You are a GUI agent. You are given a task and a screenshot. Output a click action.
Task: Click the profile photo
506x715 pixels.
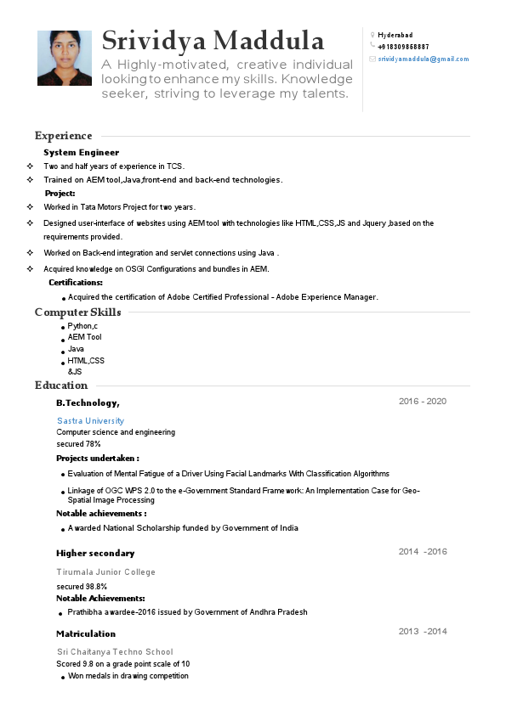tap(65, 58)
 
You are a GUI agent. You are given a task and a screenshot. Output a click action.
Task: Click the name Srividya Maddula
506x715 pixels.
tap(213, 40)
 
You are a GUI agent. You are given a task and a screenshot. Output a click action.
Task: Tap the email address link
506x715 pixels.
tap(424, 59)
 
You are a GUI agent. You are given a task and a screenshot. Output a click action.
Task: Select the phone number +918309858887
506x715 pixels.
tap(403, 47)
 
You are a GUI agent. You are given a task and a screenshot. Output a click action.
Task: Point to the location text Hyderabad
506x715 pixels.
tap(395, 35)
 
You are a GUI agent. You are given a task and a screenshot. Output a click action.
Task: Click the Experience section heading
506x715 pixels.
tap(63, 136)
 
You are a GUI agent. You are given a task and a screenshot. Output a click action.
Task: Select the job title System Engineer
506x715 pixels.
tap(82, 152)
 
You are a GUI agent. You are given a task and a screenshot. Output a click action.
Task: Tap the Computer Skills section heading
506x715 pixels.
tap(77, 312)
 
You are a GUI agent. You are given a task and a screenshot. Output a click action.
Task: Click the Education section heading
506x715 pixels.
tap(61, 386)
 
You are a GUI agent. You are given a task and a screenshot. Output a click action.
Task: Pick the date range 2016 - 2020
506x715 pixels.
tap(423, 402)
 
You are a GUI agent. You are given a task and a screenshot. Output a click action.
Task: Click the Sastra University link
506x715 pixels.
tap(90, 420)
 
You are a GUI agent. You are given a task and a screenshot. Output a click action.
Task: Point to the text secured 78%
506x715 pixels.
tap(78, 444)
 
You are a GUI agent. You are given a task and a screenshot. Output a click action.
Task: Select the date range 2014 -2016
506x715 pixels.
tap(423, 552)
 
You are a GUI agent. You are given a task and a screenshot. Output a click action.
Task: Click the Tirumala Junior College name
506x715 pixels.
tap(106, 572)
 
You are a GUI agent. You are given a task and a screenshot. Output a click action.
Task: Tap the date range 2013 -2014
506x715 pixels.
tap(423, 632)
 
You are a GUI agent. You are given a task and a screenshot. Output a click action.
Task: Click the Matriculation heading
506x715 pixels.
tap(86, 633)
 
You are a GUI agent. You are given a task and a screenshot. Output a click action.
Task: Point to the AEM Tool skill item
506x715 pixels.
tap(84, 337)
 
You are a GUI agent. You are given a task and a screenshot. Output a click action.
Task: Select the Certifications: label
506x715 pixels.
tap(76, 282)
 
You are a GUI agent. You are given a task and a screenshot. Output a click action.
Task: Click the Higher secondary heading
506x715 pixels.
tap(95, 553)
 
